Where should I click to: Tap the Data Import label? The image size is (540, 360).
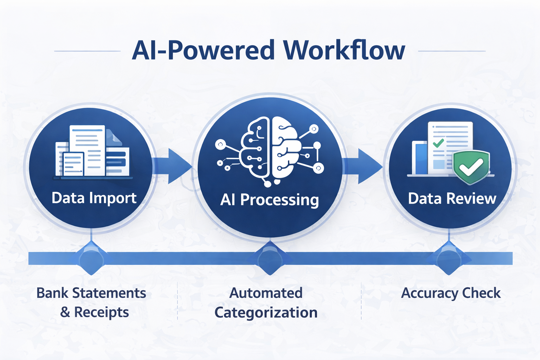pyautogui.click(x=94, y=198)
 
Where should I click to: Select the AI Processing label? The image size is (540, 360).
pyautogui.click(x=269, y=200)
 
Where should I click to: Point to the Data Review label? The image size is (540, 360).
pyautogui.click(x=452, y=199)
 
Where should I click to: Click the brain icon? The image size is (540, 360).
pyautogui.click(x=270, y=150)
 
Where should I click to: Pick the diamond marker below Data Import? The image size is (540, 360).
pyautogui.click(x=91, y=259)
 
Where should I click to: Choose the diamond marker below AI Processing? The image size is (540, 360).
pyautogui.click(x=270, y=259)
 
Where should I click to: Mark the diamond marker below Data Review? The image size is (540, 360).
pyautogui.click(x=449, y=259)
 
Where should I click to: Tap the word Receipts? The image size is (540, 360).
pyautogui.click(x=101, y=313)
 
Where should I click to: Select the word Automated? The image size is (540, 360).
pyautogui.click(x=266, y=293)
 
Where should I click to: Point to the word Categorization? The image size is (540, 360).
pyautogui.click(x=266, y=313)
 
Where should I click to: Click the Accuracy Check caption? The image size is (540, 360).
pyautogui.click(x=451, y=293)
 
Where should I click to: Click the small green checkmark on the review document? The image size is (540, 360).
pyautogui.click(x=438, y=143)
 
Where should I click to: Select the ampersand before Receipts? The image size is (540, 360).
pyautogui.click(x=65, y=312)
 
